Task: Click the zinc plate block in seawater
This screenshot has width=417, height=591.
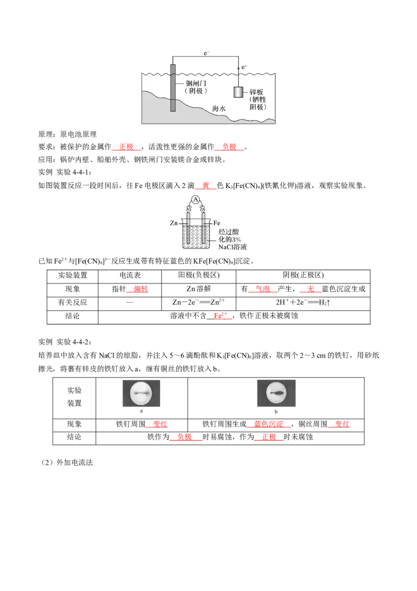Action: pyautogui.click(x=238, y=92)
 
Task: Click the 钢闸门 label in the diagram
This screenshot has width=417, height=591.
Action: pyautogui.click(x=195, y=83)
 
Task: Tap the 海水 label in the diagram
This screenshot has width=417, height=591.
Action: pyautogui.click(x=218, y=109)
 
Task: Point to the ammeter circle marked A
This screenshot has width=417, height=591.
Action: pyautogui.click(x=195, y=200)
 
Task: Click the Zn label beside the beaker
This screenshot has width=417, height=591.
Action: pyautogui.click(x=174, y=223)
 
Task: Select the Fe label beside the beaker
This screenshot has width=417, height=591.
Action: pyautogui.click(x=216, y=223)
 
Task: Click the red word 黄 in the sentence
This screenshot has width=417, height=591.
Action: pyautogui.click(x=206, y=185)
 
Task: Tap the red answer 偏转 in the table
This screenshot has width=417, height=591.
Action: pyautogui.click(x=141, y=289)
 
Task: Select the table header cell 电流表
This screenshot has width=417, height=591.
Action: pyautogui.click(x=130, y=275)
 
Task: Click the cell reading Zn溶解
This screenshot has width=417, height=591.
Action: pyautogui.click(x=199, y=289)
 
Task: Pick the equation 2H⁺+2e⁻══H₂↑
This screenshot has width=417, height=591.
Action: pyautogui.click(x=303, y=302)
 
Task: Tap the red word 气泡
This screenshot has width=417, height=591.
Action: pyautogui.click(x=263, y=289)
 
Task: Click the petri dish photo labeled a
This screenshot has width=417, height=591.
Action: pyautogui.click(x=141, y=393)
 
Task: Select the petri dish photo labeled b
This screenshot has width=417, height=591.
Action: pyautogui.click(x=276, y=393)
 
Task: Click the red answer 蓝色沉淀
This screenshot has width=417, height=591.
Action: pyautogui.click(x=269, y=424)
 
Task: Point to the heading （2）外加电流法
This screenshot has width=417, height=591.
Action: pyautogui.click(x=66, y=463)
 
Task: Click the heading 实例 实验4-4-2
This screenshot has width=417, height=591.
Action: pyautogui.click(x=65, y=342)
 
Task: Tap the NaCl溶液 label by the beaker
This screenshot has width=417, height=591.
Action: pyautogui.click(x=232, y=247)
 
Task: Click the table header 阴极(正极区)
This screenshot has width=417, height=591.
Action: pyautogui.click(x=303, y=275)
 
